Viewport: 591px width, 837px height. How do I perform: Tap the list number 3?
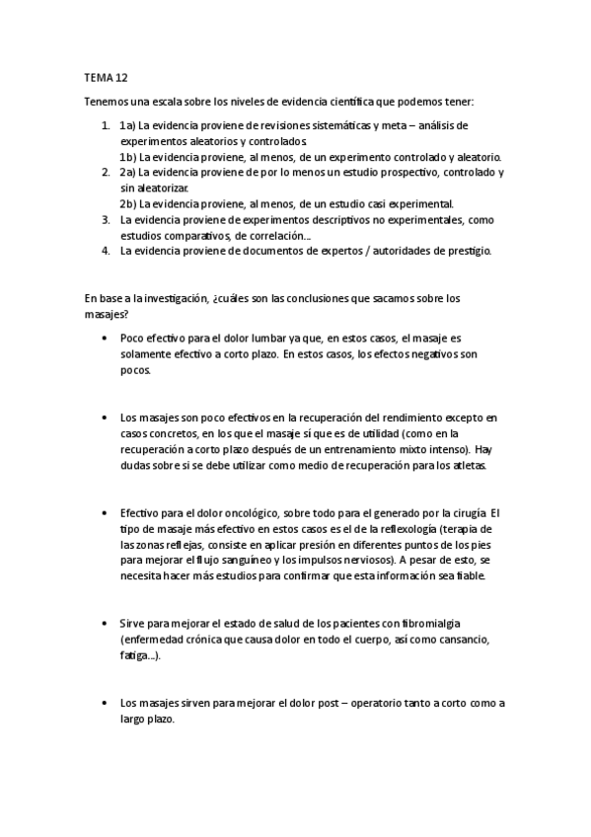(x=106, y=219)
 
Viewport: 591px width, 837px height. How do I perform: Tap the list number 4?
(x=106, y=251)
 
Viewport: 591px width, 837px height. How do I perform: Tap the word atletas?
(x=465, y=465)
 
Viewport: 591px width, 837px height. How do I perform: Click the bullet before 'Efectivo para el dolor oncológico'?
(x=105, y=513)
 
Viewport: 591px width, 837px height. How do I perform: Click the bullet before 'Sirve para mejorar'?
(x=105, y=624)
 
